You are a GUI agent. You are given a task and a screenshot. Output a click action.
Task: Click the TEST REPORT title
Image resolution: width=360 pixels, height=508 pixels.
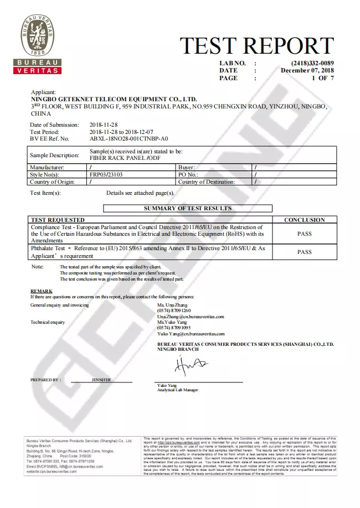(x=257, y=46)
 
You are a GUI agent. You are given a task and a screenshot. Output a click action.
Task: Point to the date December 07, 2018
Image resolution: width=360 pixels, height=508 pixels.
(x=307, y=71)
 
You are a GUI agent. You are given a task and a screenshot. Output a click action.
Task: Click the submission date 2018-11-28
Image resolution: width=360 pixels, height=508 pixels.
(x=103, y=125)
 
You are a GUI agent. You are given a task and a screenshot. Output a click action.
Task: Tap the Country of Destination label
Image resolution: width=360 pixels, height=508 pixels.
(x=207, y=182)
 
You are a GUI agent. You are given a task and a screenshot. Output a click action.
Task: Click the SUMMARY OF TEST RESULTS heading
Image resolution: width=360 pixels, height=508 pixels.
(x=188, y=209)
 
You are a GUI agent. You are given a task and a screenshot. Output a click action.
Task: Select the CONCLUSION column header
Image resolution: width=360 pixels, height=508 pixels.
(x=304, y=220)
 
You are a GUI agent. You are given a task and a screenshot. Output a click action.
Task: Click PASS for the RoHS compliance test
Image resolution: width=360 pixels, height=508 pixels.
(x=304, y=234)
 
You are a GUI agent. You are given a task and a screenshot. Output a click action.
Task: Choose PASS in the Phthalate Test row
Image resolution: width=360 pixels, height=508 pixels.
(x=304, y=252)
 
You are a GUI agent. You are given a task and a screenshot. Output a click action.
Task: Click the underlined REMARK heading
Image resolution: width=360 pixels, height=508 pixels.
(x=42, y=291)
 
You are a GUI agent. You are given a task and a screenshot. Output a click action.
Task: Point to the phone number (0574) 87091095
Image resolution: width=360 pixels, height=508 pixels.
(x=174, y=328)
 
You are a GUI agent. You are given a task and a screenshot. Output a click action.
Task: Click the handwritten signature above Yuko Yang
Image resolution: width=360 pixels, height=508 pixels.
(x=188, y=366)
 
